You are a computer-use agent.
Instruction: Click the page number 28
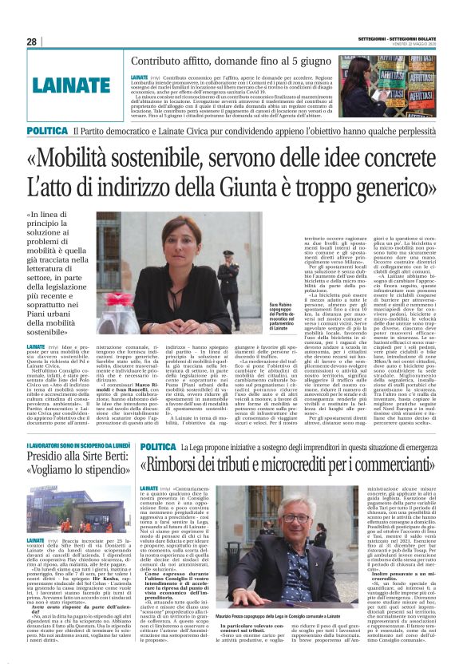click(31, 42)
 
